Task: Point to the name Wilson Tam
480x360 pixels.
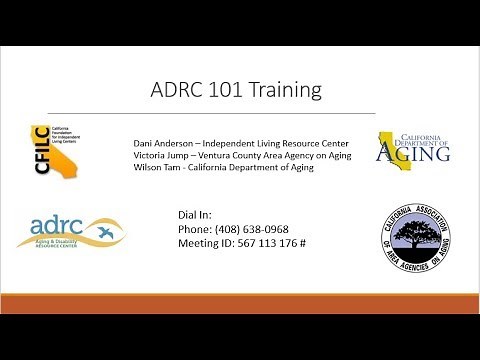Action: tap(158, 167)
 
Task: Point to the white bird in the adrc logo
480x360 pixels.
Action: tap(103, 233)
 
